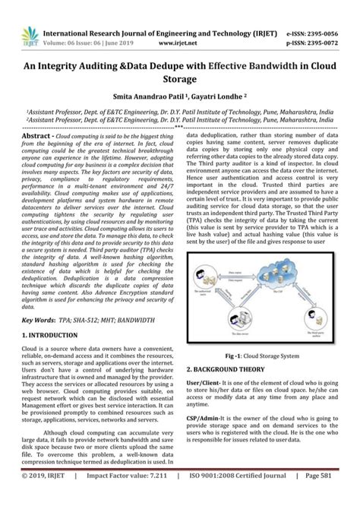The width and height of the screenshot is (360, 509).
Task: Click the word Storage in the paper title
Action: coord(179,79)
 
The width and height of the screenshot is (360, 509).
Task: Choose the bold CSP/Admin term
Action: coord(207,417)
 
